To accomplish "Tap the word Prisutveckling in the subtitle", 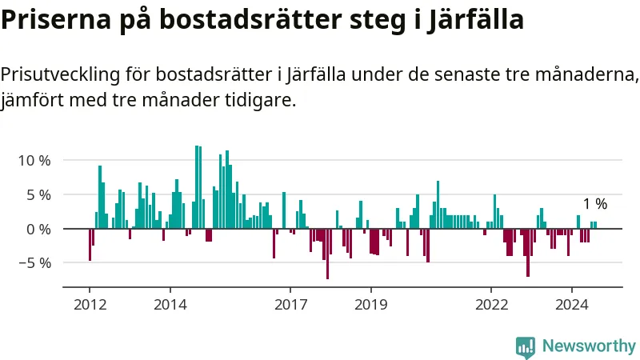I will (61, 75).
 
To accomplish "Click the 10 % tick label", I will (34, 160).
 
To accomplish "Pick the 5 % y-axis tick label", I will (38, 194).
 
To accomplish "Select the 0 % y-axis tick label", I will (38, 229).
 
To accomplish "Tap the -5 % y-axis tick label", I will (34, 263).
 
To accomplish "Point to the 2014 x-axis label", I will (170, 304).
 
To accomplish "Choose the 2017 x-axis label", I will (290, 304).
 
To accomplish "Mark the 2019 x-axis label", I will (370, 304).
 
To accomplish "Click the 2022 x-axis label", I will (491, 304).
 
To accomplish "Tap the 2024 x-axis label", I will (572, 304).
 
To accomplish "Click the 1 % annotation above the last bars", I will (594, 204).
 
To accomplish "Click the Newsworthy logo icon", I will (526, 346).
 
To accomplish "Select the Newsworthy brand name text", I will (589, 346).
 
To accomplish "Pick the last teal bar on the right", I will (595, 225).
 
